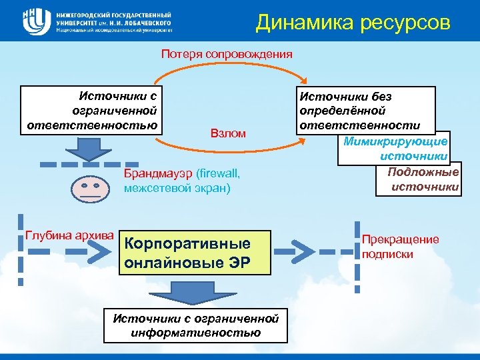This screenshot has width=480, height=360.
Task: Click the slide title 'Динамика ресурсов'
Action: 353,23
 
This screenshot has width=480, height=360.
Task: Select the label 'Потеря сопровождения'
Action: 227,54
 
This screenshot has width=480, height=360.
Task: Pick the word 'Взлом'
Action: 227,134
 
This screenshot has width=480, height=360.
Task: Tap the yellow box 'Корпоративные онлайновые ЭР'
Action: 197,253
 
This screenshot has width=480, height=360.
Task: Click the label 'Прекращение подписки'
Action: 400,247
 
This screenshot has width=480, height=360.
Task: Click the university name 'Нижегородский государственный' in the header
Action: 113,14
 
